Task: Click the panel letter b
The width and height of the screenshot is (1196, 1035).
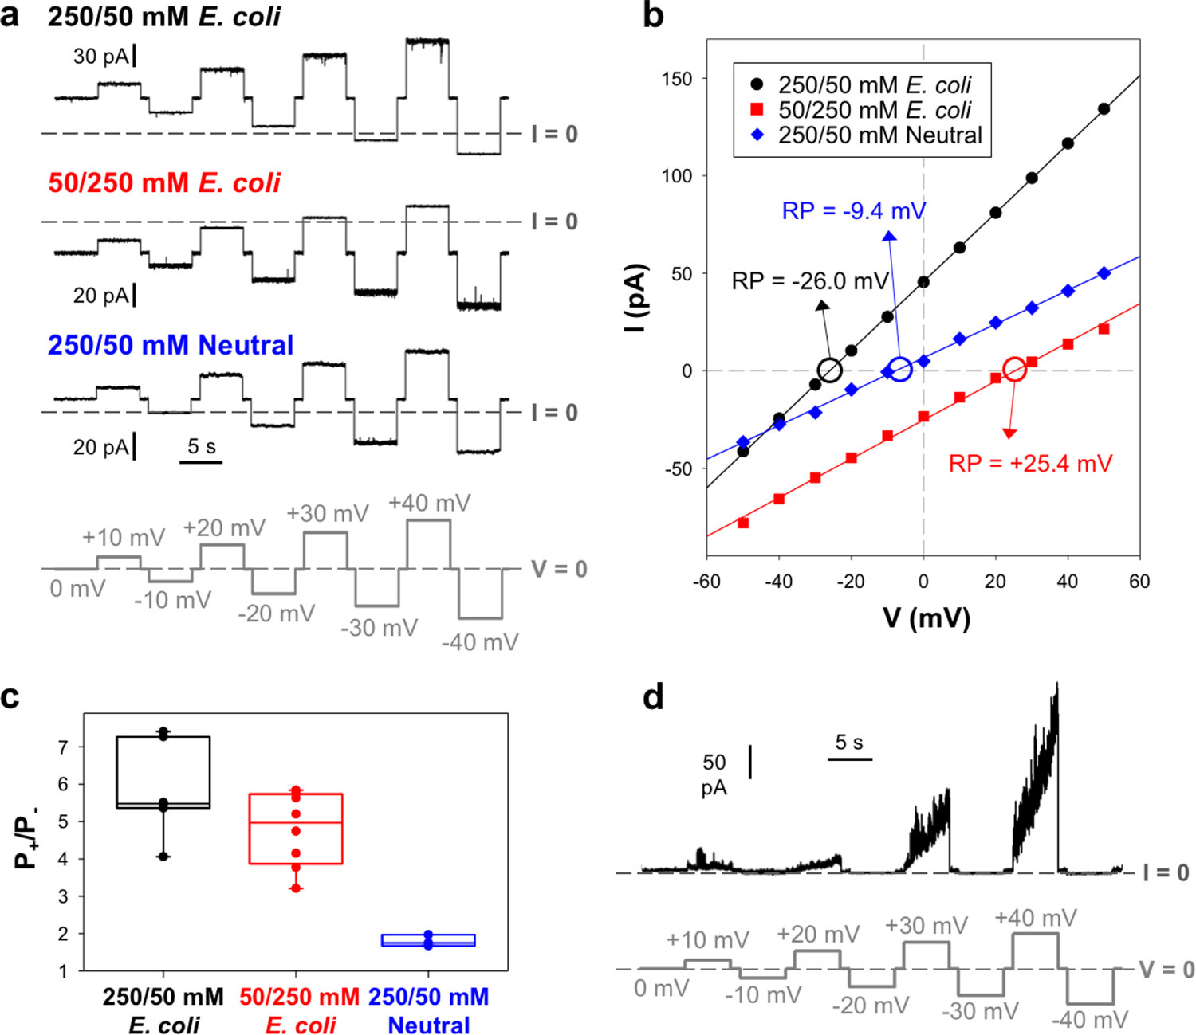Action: click(653, 16)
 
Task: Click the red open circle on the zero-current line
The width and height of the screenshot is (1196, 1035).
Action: click(1014, 370)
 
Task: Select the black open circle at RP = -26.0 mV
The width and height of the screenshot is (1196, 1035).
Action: click(830, 370)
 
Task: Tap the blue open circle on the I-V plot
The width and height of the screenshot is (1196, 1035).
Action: click(899, 370)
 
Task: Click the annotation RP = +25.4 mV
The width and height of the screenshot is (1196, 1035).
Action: click(1030, 464)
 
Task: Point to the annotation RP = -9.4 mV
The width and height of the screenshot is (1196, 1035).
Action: click(853, 211)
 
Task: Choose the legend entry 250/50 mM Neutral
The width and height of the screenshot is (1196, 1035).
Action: click(879, 135)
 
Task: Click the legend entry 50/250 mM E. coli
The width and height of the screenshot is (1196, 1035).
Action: click(875, 110)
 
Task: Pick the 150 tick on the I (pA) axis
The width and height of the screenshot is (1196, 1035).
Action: click(677, 79)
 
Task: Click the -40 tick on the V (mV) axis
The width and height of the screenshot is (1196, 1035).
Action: click(778, 582)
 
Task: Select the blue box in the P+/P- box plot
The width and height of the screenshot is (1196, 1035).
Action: click(428, 940)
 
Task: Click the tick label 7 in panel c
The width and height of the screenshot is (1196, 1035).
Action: click(62, 747)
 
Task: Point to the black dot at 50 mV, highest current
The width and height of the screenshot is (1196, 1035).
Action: click(1104, 109)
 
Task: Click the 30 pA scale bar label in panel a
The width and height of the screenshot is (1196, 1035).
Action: click(100, 57)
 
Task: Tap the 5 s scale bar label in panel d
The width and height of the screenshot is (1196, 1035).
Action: click(849, 743)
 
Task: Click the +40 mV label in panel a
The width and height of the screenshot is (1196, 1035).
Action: click(430, 504)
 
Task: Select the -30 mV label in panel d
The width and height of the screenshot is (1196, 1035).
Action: click(980, 1011)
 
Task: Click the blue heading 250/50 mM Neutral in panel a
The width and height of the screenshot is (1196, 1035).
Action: click(171, 345)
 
